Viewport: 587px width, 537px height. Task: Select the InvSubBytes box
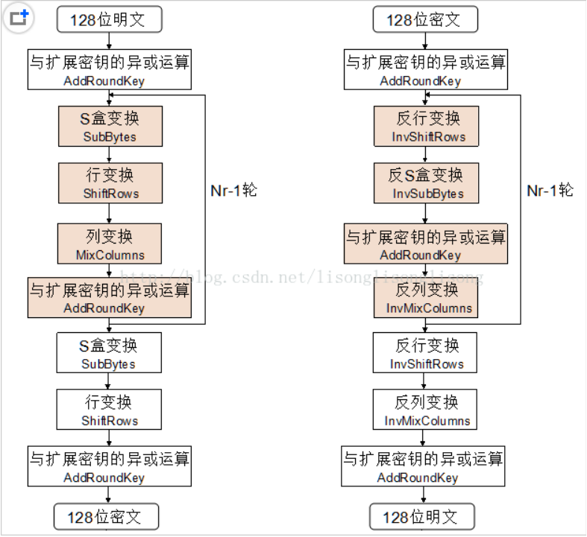[x=426, y=183]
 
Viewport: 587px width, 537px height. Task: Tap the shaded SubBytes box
[x=109, y=127]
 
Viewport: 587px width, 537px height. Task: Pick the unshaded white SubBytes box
[x=109, y=354]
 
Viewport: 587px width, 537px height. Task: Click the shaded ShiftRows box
[x=109, y=183]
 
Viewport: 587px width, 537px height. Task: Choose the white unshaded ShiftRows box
[x=109, y=410]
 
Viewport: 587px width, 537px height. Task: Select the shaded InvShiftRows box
[x=426, y=127]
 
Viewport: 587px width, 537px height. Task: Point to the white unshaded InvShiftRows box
[x=426, y=354]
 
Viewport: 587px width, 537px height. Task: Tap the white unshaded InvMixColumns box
[x=426, y=410]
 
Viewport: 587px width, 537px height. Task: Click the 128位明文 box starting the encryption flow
[x=109, y=20]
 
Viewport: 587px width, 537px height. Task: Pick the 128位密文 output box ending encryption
[x=109, y=516]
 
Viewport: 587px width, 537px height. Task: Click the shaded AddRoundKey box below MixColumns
[x=109, y=298]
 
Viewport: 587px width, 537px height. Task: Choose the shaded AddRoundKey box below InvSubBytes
[x=426, y=244]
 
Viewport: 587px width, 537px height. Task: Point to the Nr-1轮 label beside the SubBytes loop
[x=233, y=191]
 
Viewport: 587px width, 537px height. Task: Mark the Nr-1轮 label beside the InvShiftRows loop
[x=550, y=191]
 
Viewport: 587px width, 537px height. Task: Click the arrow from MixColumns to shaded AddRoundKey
[x=109, y=270]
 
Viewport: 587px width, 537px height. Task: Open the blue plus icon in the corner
[x=19, y=17]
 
